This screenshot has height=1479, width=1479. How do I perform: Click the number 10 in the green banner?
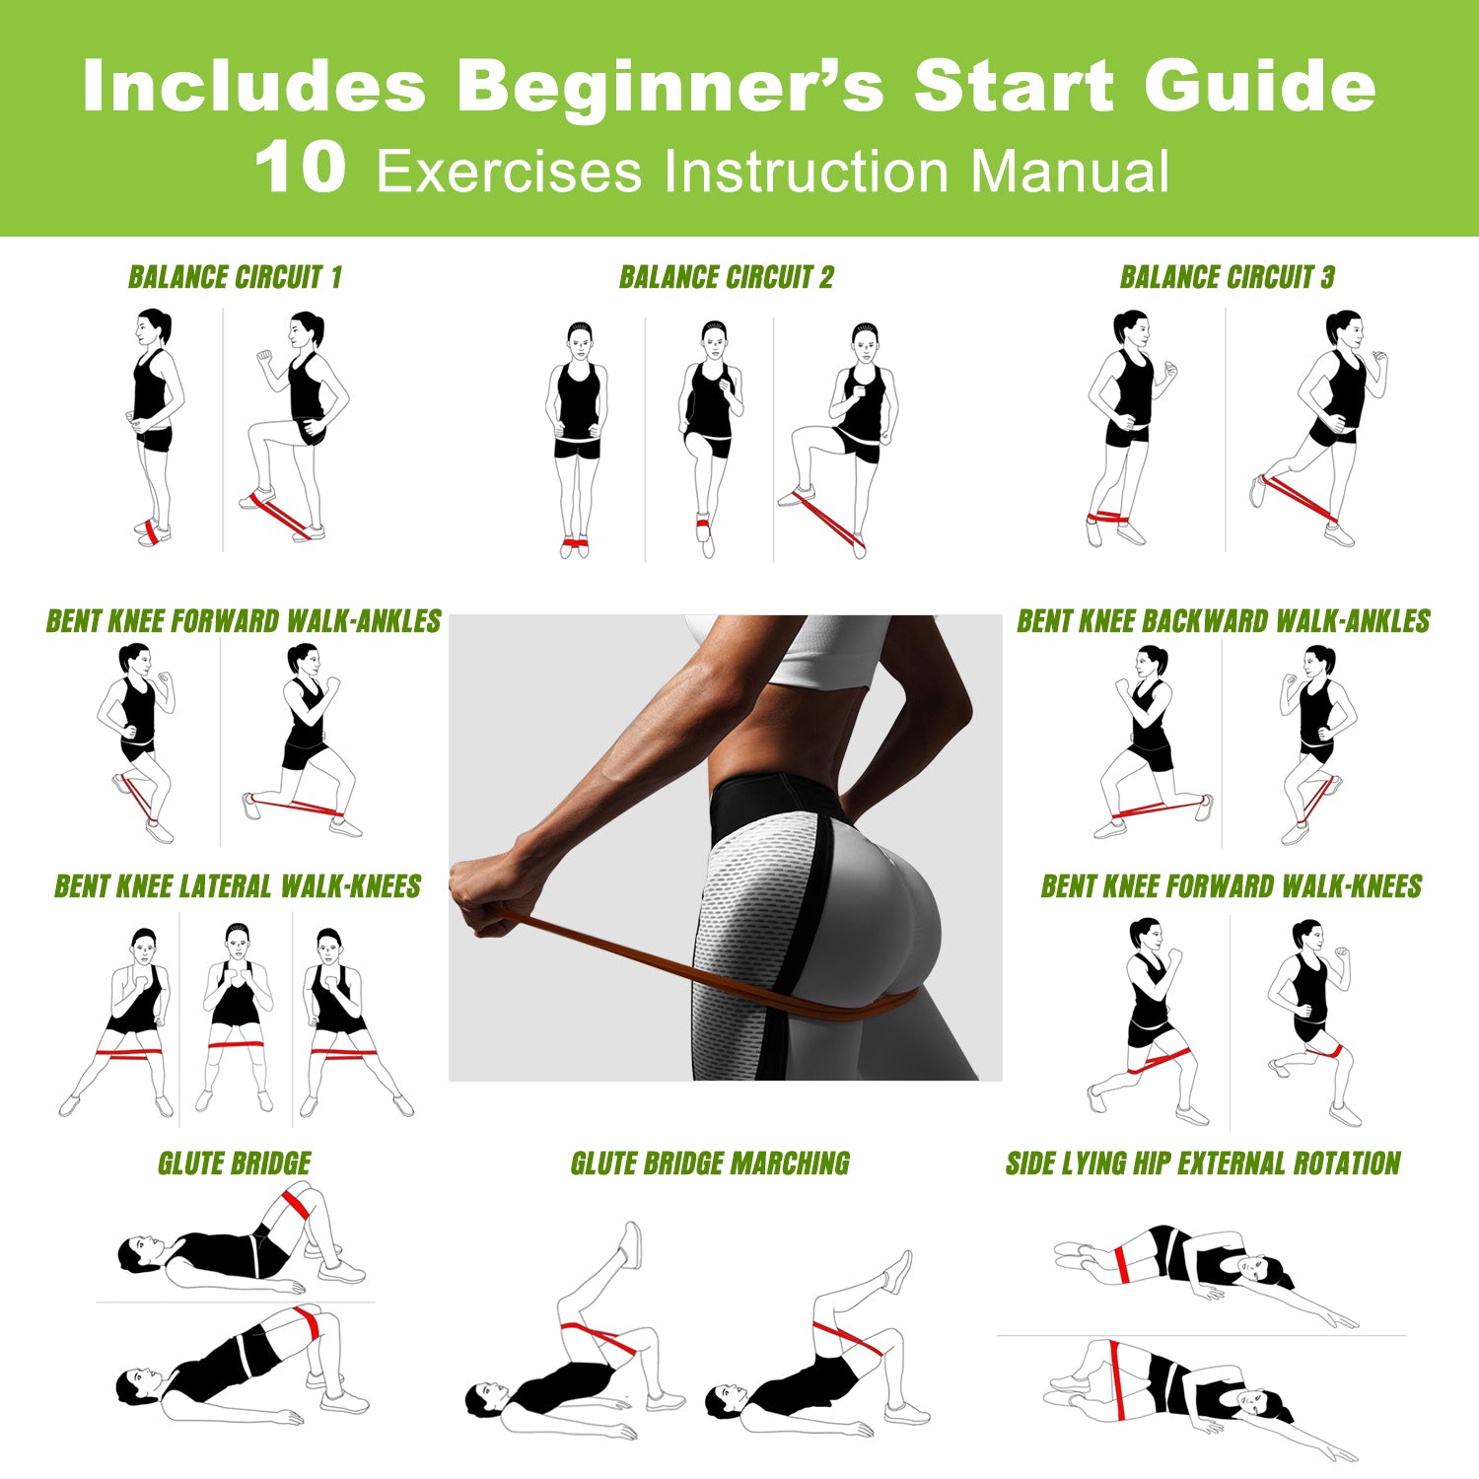301,168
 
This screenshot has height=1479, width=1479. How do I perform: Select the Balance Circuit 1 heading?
235,278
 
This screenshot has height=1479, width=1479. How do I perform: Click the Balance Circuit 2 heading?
726,278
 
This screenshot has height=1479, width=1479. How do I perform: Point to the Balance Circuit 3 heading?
1227,278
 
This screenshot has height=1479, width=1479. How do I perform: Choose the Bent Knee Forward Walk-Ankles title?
244,621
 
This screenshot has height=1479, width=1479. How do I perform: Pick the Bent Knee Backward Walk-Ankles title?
1223,621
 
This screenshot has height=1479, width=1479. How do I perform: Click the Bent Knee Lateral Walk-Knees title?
238,886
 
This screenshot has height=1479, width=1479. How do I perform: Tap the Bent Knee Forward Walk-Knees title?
1231,886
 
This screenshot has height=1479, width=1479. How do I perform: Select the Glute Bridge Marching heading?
710,1163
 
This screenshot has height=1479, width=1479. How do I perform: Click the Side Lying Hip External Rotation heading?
1203,1163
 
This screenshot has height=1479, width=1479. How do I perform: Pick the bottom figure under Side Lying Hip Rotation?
1193,1390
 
